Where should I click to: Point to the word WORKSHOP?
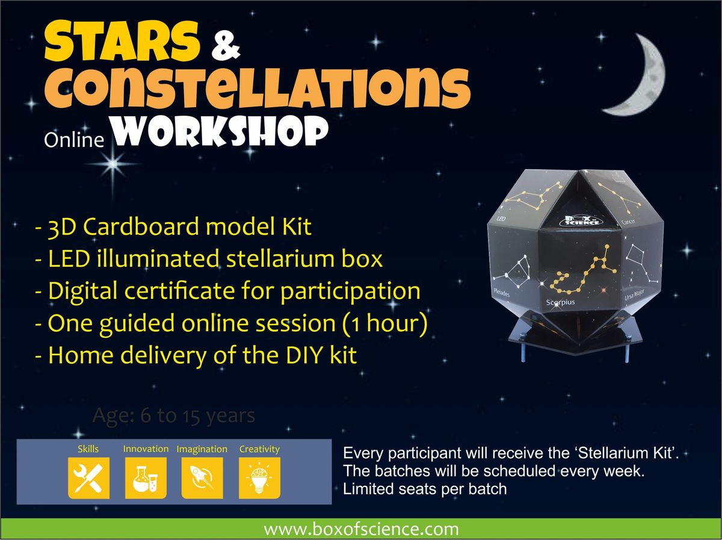[223, 132]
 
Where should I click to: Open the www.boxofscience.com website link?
[361, 530]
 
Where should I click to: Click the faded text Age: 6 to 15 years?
[174, 415]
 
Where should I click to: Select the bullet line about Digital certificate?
[227, 291]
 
